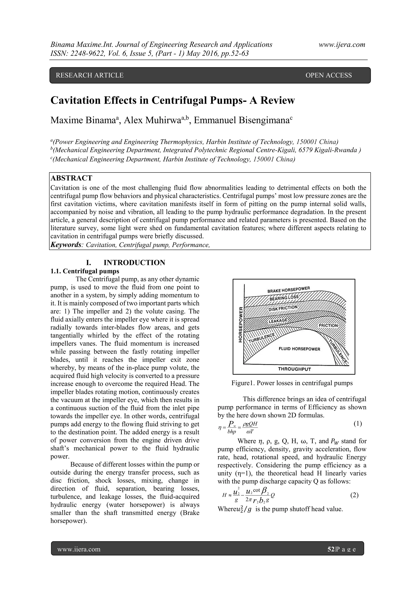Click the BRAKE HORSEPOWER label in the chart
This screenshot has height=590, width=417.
click(289, 290)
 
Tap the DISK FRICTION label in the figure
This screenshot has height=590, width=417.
click(283, 308)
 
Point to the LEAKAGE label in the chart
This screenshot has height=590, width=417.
click(278, 321)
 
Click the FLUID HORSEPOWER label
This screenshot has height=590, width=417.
click(299, 349)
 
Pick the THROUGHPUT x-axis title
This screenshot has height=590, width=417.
click(294, 369)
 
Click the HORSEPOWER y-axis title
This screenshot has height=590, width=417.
click(241, 325)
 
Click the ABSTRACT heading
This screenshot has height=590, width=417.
click(71, 178)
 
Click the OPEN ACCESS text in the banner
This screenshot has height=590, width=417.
click(328, 75)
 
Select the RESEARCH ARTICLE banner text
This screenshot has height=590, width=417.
click(90, 75)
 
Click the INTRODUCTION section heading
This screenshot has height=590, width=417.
click(134, 263)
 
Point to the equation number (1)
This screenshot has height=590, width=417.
click(358, 423)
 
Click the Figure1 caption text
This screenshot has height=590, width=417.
click(292, 383)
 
